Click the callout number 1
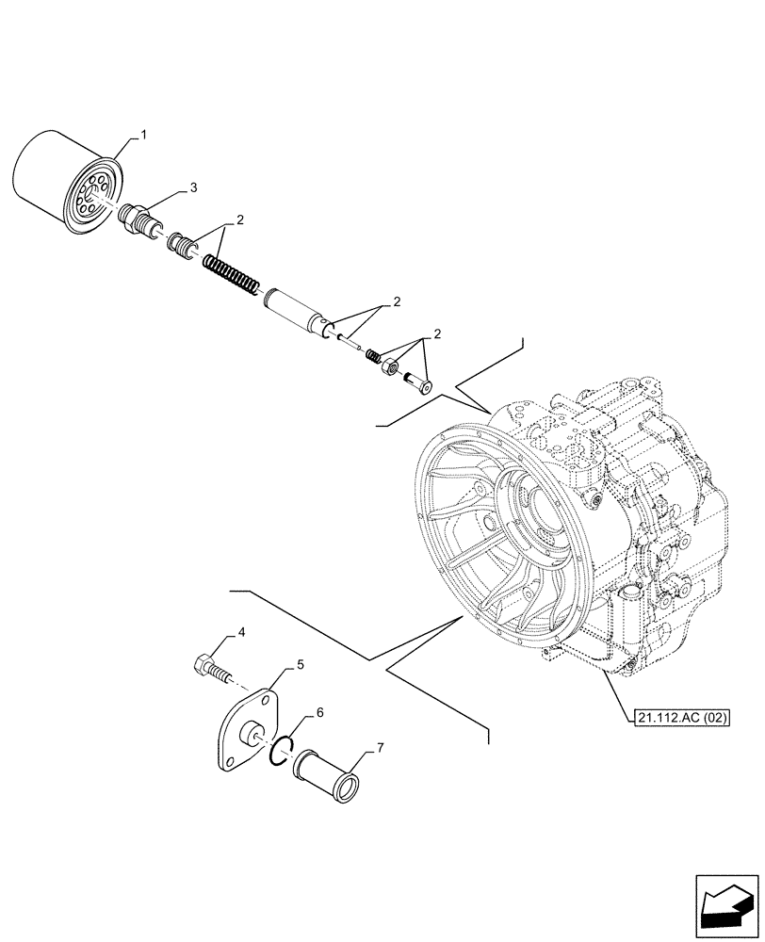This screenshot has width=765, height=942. pyautogui.click(x=144, y=136)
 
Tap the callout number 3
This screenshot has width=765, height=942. pyautogui.click(x=193, y=188)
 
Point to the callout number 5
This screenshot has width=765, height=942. pyautogui.click(x=299, y=665)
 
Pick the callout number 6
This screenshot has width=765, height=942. pyautogui.click(x=320, y=712)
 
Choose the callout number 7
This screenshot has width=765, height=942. pyautogui.click(x=381, y=748)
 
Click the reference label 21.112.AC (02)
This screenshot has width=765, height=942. pyautogui.click(x=677, y=717)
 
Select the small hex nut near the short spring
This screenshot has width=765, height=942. pyautogui.click(x=389, y=365)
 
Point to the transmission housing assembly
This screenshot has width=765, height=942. pyautogui.click(x=575, y=528)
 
